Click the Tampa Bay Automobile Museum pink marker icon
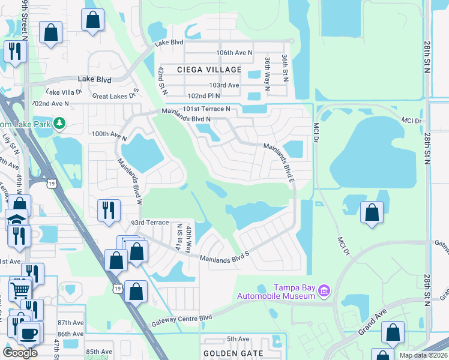pos(325,291)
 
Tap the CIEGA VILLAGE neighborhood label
pos(209,70)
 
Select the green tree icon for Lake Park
pos(59,124)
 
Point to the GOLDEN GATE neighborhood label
pos(233,353)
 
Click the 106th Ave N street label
pos(235,53)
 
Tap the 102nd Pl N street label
pos(204,95)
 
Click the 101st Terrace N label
pos(206,109)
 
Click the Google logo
pos(20,353)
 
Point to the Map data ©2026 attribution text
pos(423,355)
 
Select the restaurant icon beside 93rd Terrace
pos(108,210)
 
